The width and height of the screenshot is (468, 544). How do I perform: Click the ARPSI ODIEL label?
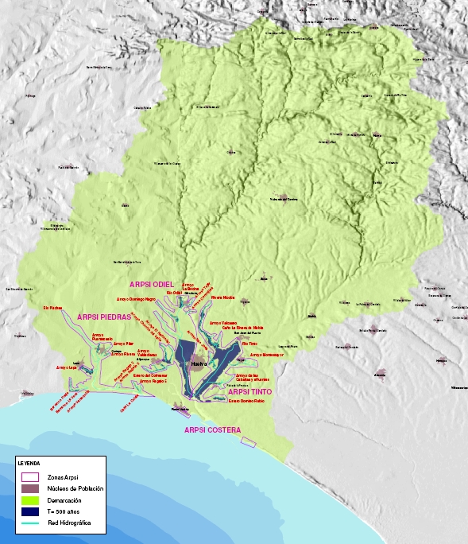151,284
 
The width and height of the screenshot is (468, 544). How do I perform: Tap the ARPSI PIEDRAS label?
103,317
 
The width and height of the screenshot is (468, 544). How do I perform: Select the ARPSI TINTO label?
250,392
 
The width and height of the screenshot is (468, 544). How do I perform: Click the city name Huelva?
199,363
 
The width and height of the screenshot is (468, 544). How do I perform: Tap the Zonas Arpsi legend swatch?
29,476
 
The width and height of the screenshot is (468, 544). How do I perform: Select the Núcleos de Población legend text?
75,488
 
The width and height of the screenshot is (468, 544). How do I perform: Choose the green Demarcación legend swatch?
29,499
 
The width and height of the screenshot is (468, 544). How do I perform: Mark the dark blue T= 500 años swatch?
29,511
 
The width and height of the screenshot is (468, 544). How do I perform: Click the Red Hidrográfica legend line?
29,523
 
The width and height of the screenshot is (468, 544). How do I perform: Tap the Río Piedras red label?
52,307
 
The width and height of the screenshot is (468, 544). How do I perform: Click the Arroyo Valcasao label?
222,323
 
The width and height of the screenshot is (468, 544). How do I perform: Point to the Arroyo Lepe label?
66,367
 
